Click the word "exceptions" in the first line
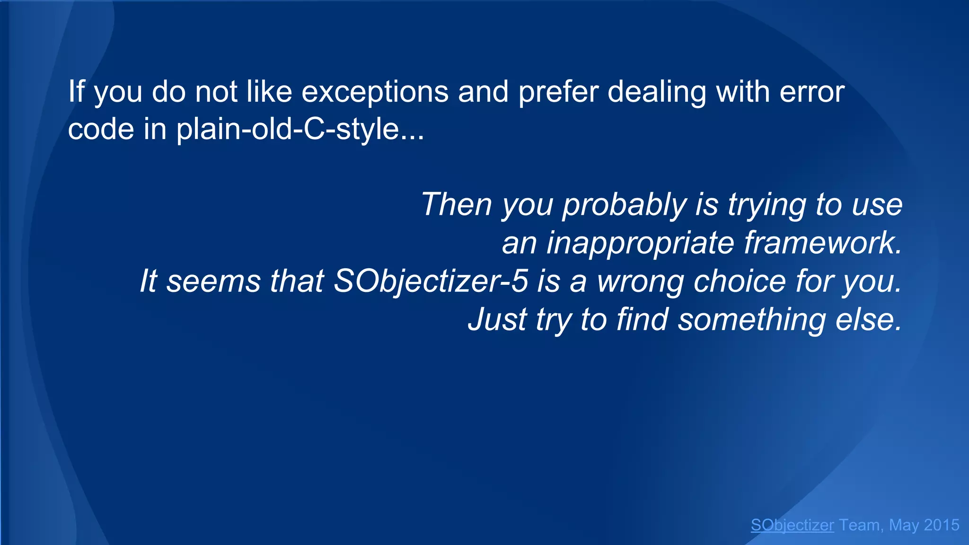(375, 92)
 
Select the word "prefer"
(558, 92)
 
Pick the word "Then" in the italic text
(456, 205)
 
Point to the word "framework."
(823, 243)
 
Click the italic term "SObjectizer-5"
(431, 281)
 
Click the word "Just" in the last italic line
(497, 319)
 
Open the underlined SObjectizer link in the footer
(792, 525)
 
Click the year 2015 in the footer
(942, 525)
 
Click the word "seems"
(213, 281)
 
